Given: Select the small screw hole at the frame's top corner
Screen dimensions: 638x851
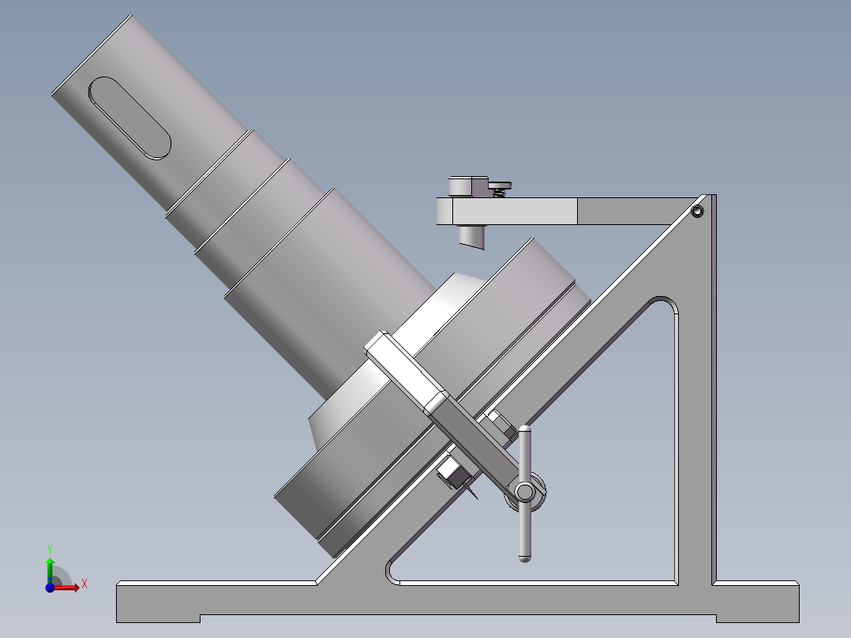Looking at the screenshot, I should point(697,211).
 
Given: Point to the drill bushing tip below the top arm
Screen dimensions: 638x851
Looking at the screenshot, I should point(473,237).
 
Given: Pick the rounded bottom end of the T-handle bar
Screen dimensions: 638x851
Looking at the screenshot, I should point(524,555).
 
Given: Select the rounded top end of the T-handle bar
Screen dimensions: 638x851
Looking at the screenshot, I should point(524,431).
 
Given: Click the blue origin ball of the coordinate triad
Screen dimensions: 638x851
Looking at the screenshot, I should point(50,587).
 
